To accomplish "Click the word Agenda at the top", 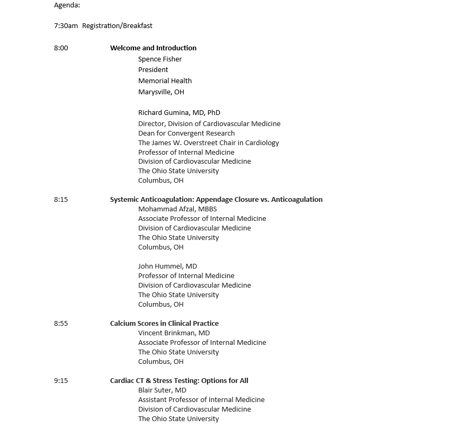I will tap(67, 5).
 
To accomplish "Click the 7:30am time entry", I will tap(66, 25).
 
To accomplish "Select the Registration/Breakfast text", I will tap(117, 25).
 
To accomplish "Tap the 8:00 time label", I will tap(61, 48).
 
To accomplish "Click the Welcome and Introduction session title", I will tap(153, 48).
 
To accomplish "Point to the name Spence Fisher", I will tap(160, 59).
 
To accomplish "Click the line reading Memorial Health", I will tap(165, 81).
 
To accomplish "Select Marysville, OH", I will tap(161, 92).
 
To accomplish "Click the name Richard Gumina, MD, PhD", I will tap(179, 112).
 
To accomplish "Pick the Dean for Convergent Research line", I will tap(186, 133).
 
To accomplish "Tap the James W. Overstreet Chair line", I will tap(208, 142).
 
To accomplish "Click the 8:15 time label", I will tap(61, 199).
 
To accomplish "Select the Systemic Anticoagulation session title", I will tap(216, 199).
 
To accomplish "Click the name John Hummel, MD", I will tap(167, 266).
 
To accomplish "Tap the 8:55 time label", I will tap(61, 323).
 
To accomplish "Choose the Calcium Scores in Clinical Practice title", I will tap(164, 323).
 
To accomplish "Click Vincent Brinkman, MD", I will tap(174, 333).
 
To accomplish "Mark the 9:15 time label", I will tap(61, 380).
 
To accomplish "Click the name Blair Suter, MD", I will tap(162, 390).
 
